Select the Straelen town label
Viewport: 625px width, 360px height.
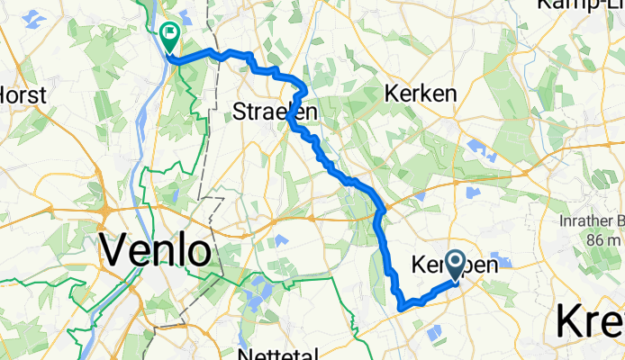point(275,112)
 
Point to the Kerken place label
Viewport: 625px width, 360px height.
point(420,93)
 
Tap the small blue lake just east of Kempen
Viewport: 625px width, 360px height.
point(501,264)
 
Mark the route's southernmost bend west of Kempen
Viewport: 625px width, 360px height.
point(402,307)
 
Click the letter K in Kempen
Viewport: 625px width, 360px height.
point(421,265)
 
